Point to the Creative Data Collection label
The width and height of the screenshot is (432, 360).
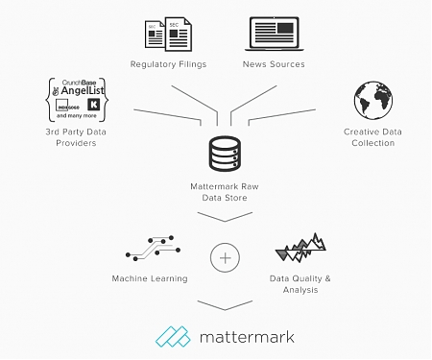point(373,136)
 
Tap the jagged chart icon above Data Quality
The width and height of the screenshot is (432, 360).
point(299,247)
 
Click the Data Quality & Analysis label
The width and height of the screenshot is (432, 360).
point(300,284)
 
